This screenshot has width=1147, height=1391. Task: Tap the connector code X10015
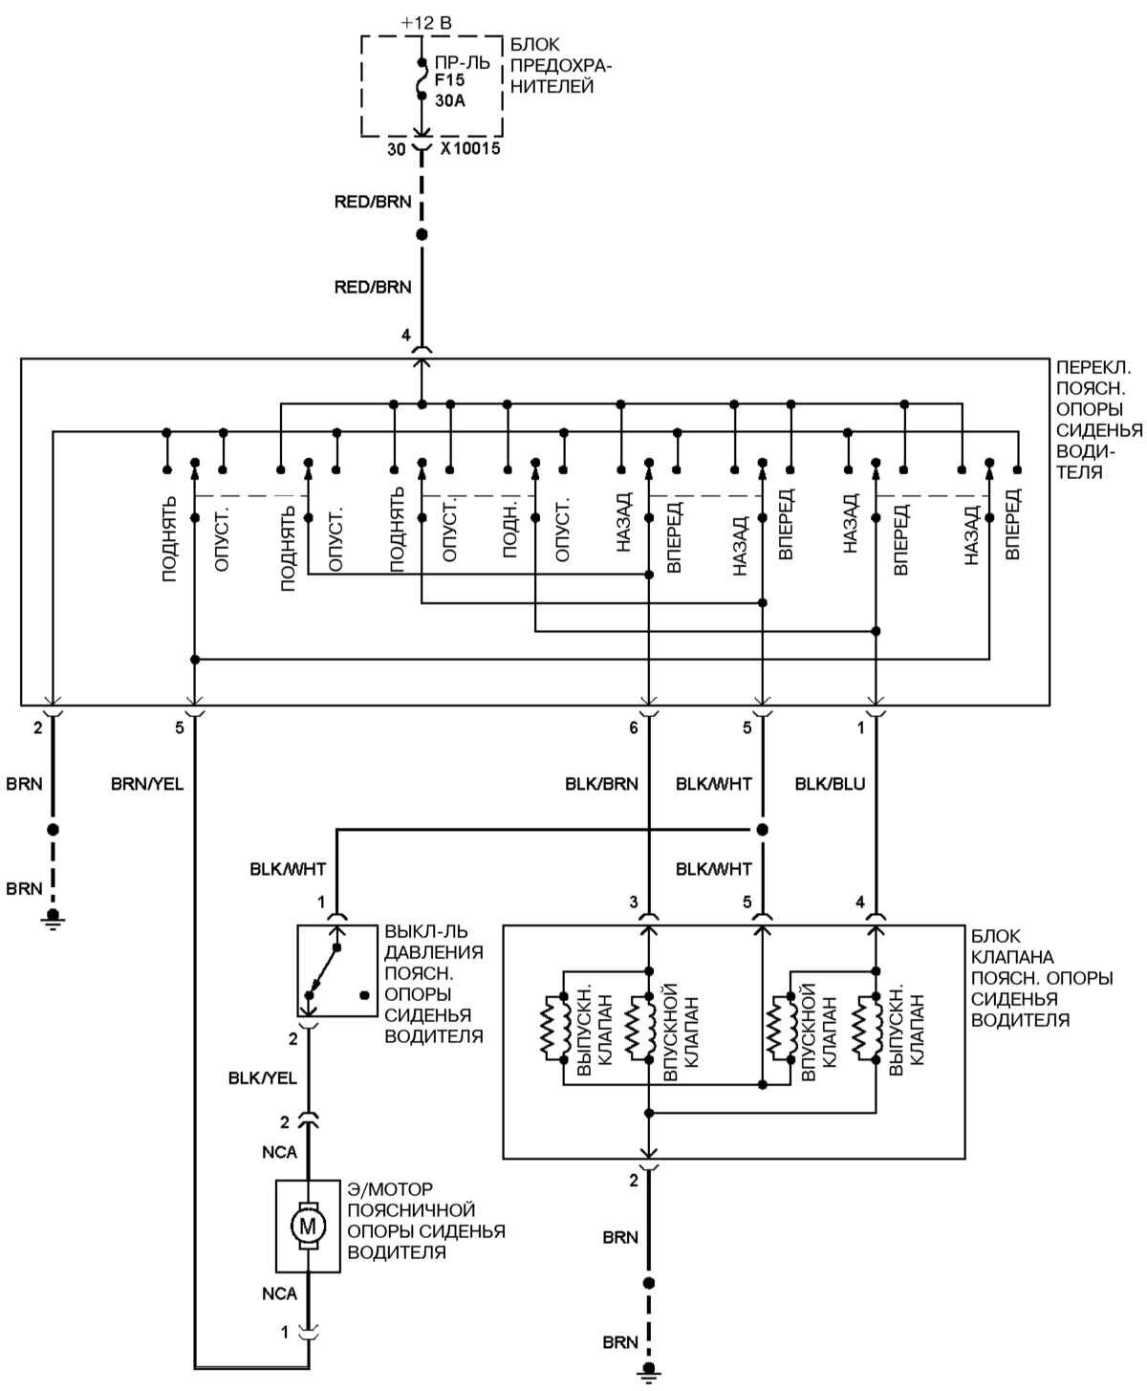(x=470, y=149)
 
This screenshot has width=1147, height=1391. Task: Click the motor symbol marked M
(x=308, y=1225)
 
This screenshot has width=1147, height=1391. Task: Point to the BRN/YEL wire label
(x=147, y=784)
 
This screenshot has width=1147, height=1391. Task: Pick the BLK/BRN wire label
(x=601, y=784)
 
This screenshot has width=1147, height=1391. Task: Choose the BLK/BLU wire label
(x=830, y=784)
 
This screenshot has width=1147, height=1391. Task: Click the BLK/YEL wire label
(x=263, y=1077)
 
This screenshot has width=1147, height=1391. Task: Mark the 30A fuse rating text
(x=450, y=100)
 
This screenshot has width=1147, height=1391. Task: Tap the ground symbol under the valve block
(x=649, y=1374)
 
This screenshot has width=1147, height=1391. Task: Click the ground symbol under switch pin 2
(x=54, y=920)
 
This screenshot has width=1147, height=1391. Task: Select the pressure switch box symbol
(x=336, y=969)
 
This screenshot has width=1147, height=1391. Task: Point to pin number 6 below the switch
(x=633, y=728)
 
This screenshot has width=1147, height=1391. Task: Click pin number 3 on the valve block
(x=633, y=902)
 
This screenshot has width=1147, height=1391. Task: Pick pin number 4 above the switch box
(x=406, y=337)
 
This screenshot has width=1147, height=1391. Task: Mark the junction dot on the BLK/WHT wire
(x=762, y=829)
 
